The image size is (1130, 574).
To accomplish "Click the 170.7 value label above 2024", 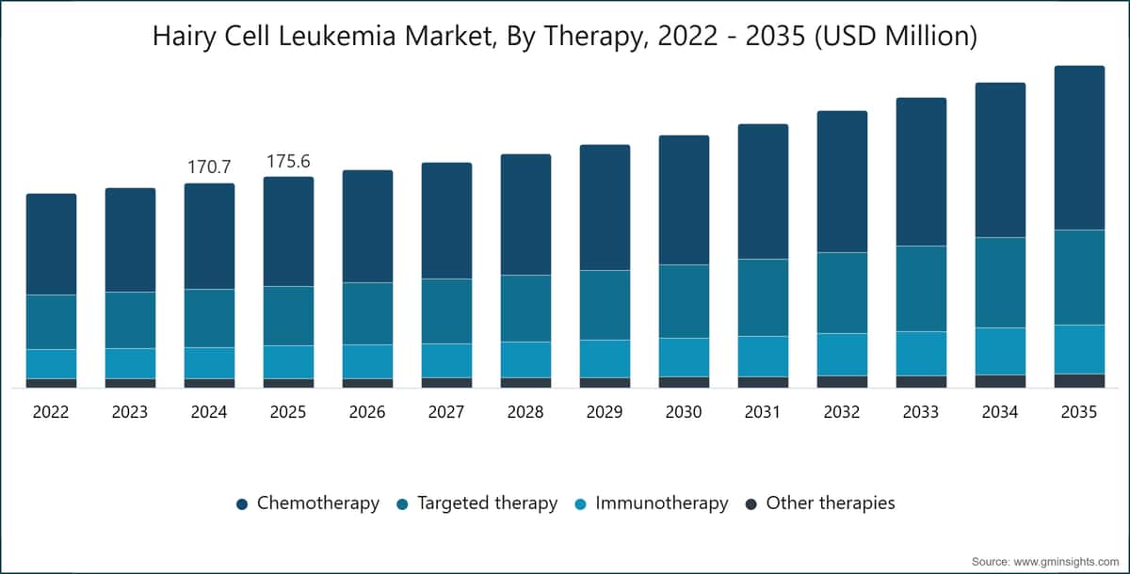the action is pyautogui.click(x=209, y=167).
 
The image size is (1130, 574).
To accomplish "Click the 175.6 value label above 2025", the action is pyautogui.click(x=288, y=161).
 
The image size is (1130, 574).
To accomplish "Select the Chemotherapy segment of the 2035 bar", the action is pyautogui.click(x=1079, y=148).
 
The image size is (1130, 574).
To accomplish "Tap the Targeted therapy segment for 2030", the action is pyautogui.click(x=684, y=301).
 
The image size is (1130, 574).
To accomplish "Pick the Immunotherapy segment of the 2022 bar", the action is pyautogui.click(x=51, y=364).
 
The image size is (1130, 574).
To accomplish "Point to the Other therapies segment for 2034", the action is pyautogui.click(x=1000, y=381).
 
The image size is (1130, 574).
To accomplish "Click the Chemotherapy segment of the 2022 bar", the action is pyautogui.click(x=51, y=245).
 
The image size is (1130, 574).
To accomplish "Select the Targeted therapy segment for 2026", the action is pyautogui.click(x=367, y=313).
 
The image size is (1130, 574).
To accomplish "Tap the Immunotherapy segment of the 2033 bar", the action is pyautogui.click(x=921, y=354).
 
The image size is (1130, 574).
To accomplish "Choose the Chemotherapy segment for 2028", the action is pyautogui.click(x=525, y=215).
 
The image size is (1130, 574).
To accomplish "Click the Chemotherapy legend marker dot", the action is pyautogui.click(x=242, y=504).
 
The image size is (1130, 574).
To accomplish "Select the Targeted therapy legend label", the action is pyautogui.click(x=488, y=502).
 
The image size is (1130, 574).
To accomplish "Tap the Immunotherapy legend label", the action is pyautogui.click(x=662, y=502).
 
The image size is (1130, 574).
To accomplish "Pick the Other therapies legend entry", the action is pyautogui.click(x=820, y=502).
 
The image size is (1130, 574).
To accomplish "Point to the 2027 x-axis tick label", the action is pyautogui.click(x=446, y=412).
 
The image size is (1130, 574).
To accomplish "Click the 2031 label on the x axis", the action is pyautogui.click(x=762, y=412).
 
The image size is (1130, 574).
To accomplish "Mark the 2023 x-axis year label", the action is pyautogui.click(x=130, y=412).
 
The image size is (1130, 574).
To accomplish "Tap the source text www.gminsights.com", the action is pyautogui.click(x=1066, y=562).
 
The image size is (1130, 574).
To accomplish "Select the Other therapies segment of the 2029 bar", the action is pyautogui.click(x=605, y=383).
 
